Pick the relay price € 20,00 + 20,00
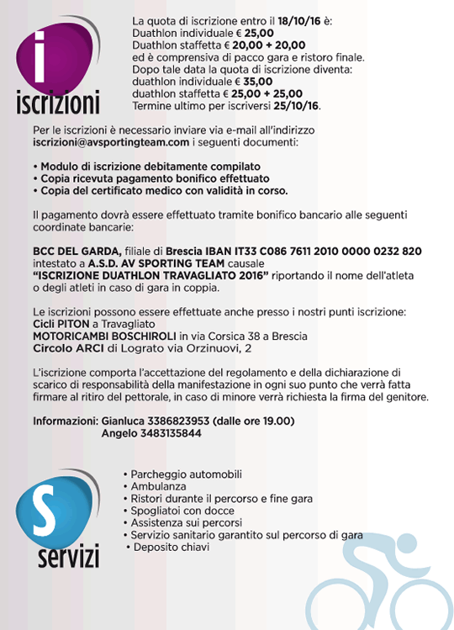tap(256, 44)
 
